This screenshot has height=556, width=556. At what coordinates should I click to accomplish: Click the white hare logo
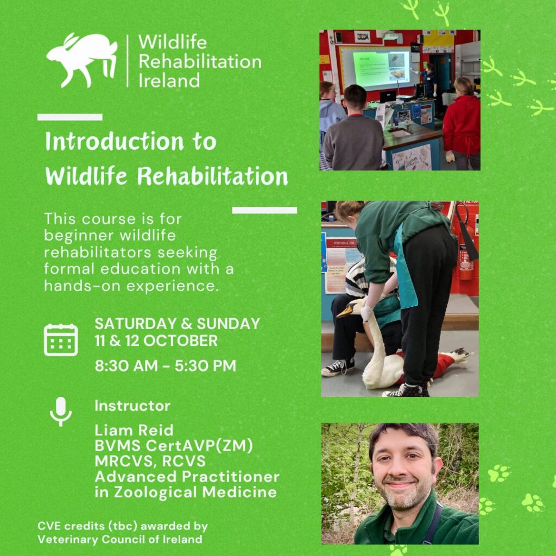pos(81,60)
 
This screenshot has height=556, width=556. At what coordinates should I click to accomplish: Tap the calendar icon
pos(61,340)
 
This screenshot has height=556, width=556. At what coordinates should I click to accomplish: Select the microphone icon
pos(61,412)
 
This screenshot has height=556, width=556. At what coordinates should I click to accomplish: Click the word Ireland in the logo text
pos(169,80)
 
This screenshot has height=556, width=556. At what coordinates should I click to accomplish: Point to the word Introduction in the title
pos(114,142)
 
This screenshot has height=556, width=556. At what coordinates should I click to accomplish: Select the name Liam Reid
pos(134,430)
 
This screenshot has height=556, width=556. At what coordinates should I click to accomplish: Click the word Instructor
pos(132,406)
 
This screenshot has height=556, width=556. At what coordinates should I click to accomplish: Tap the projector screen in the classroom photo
pos(379,68)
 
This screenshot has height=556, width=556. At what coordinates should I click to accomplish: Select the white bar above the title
pos(70,117)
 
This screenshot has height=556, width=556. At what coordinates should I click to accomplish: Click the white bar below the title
pos(264,210)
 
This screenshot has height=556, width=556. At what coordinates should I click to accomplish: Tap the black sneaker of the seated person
pos(338,367)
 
